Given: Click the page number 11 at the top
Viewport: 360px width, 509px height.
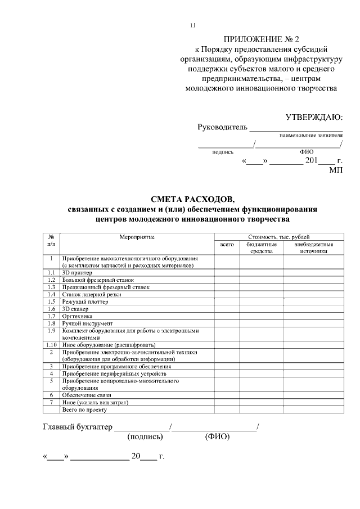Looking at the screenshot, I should (193, 25).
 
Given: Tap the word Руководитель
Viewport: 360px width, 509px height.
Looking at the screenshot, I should (222, 127).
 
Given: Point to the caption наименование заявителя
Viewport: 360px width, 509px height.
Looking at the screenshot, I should (311, 136).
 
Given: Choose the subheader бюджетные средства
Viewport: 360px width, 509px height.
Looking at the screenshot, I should (262, 248).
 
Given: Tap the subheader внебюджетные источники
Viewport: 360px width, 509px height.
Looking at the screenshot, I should (314, 248).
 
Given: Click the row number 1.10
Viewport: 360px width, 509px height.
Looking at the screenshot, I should (51, 344).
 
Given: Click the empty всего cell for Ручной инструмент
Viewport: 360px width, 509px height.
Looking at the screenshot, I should (227, 323).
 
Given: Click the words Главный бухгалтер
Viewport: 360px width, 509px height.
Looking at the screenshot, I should (78, 426).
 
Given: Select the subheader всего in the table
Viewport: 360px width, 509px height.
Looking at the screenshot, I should (227, 245).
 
